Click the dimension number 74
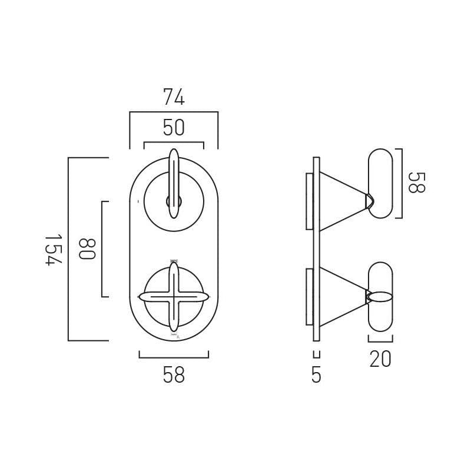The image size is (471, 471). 174,97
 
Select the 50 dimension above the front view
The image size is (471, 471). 174,128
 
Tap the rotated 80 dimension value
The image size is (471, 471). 87,249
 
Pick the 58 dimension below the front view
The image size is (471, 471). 174,375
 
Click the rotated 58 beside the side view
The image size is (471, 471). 416,183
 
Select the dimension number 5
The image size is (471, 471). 316,375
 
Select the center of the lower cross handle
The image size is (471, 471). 174,297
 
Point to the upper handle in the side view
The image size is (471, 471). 380,183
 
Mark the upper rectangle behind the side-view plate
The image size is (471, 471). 310,201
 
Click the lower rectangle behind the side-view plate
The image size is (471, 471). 310,297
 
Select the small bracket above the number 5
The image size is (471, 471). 316,355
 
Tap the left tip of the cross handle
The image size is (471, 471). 142,297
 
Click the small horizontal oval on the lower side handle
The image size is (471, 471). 380,297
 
